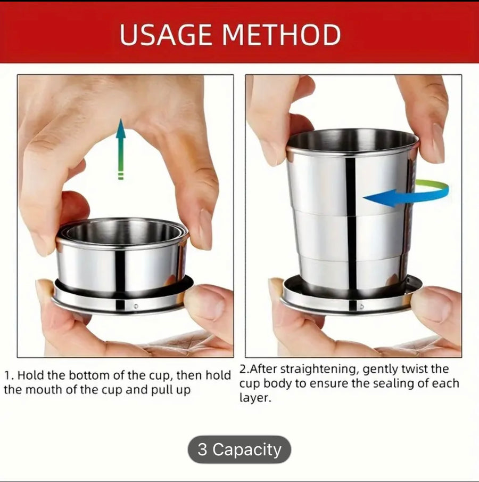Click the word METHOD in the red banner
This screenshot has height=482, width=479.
282,35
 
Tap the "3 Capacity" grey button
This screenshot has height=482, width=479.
239,449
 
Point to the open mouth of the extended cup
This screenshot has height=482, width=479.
352,140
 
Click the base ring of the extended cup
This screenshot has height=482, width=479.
351,302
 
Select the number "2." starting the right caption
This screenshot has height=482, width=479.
244,369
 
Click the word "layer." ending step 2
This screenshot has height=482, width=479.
255,398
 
